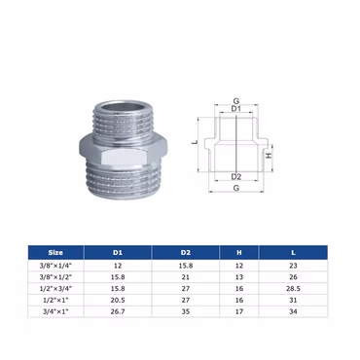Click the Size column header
(x=55, y=252)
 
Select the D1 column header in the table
(x=118, y=252)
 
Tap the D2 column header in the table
(x=186, y=252)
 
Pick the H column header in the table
(x=239, y=252)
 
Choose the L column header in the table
(x=293, y=252)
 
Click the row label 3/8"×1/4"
(x=55, y=266)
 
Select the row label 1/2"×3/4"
(x=55, y=289)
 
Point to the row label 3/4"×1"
(x=55, y=311)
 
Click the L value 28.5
(x=293, y=289)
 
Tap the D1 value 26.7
(x=118, y=311)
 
